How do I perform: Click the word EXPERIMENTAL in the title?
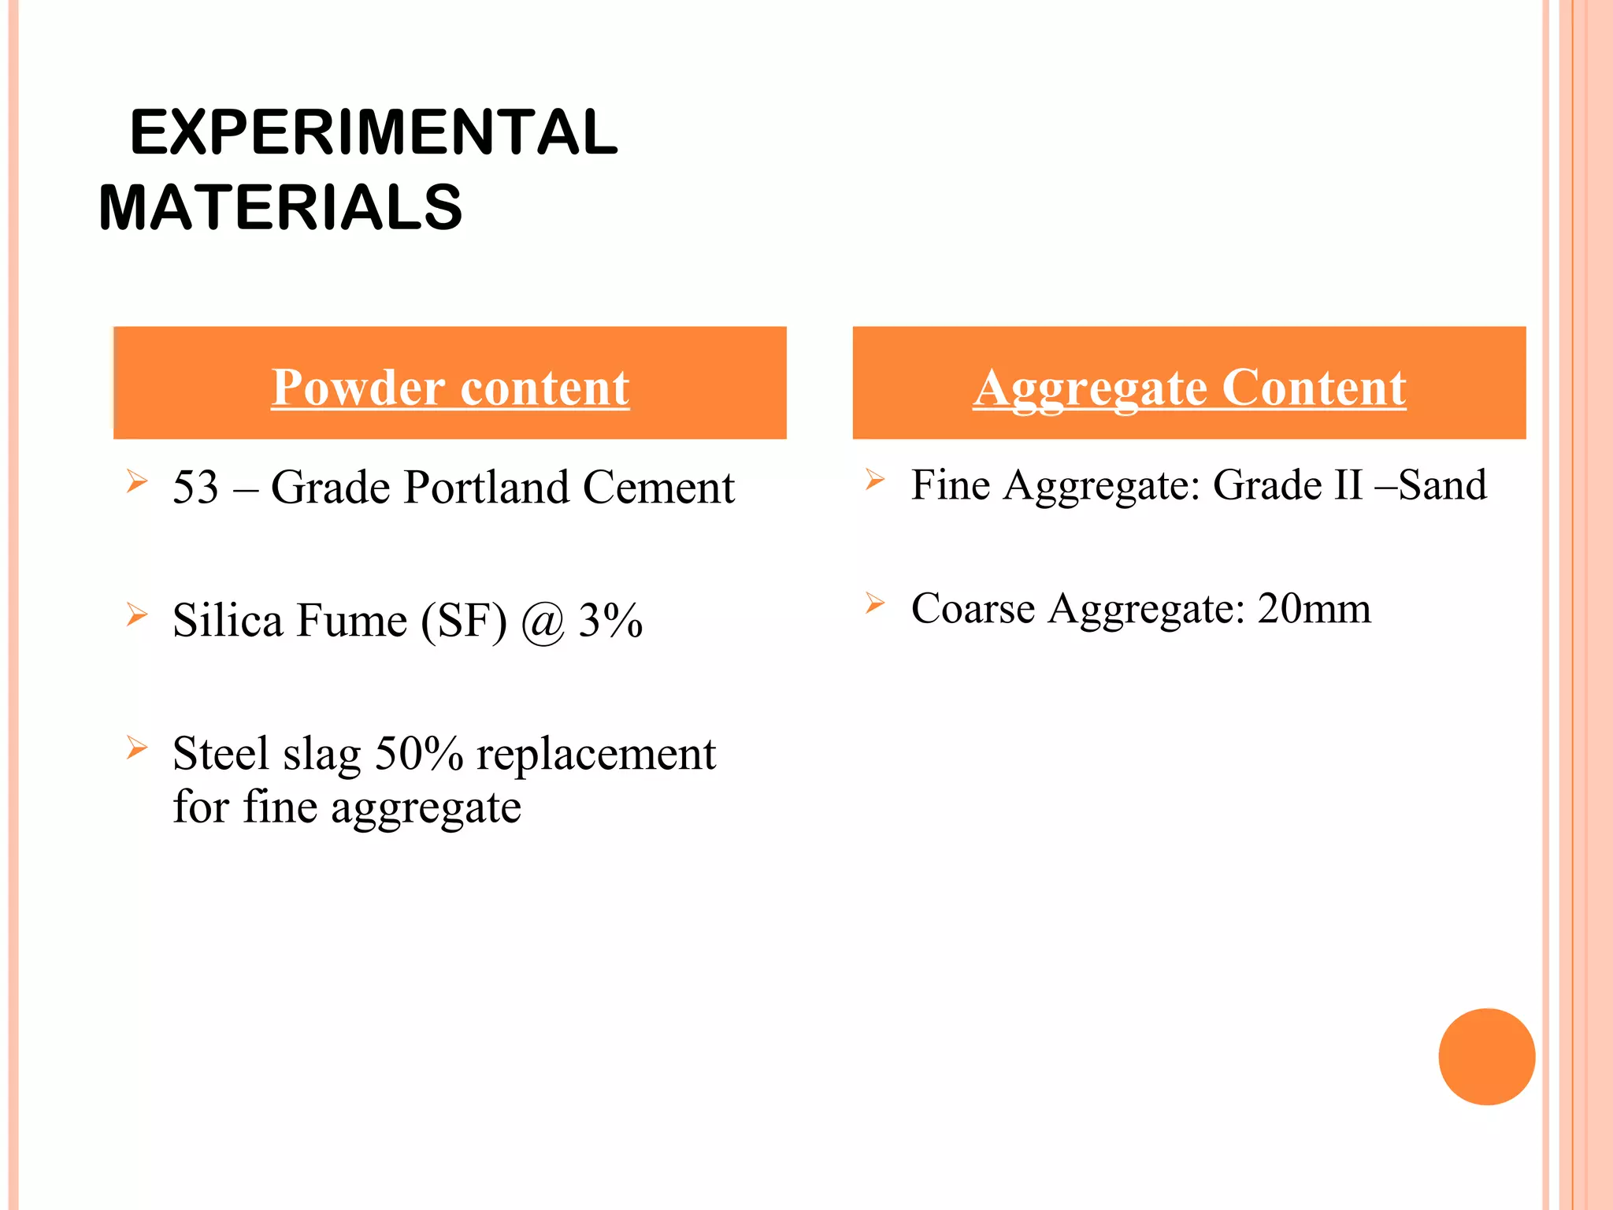tap(374, 132)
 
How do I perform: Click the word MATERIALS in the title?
tap(280, 208)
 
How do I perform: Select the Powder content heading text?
tap(450, 388)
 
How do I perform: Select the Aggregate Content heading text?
tap(1189, 388)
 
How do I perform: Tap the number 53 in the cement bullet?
tap(195, 487)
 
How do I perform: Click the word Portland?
tap(486, 487)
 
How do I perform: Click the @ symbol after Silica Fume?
tap(543, 622)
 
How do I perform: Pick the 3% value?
tap(610, 620)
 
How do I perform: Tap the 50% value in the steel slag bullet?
tap(419, 754)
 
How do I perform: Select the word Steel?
tap(221, 754)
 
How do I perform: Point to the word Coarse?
tap(973, 609)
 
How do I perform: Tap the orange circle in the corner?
tap(1486, 1056)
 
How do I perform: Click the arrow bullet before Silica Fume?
tap(137, 614)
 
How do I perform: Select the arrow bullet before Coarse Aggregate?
tap(874, 603)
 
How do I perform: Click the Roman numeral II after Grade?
tap(1348, 485)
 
